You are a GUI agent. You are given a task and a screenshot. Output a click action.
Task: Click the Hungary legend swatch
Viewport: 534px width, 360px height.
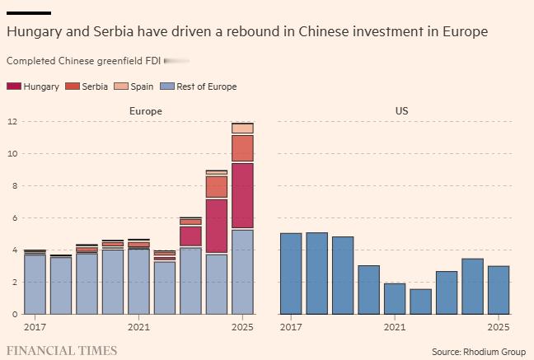pos(13,86)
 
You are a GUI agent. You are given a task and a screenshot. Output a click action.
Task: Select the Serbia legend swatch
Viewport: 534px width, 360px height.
pos(72,86)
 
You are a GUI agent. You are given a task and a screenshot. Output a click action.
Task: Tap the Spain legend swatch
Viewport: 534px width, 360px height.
pos(119,86)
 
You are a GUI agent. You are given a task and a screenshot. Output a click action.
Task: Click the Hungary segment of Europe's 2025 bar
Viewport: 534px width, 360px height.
pos(242,195)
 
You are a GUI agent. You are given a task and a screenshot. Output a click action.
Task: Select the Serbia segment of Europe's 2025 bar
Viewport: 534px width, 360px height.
pos(242,148)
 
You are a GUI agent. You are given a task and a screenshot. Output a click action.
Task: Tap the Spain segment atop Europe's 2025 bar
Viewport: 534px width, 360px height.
pos(242,128)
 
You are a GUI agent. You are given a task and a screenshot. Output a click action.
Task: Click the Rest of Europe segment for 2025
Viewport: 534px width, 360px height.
pos(242,271)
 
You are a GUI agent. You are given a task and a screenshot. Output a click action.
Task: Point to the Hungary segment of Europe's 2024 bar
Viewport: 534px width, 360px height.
pos(216,226)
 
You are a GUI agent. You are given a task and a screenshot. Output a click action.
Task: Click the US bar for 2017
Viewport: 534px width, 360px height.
pos(291,274)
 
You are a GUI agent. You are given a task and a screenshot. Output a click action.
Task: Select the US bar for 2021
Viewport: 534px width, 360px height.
pos(395,298)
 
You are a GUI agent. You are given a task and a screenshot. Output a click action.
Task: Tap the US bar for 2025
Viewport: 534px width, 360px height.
pos(499,289)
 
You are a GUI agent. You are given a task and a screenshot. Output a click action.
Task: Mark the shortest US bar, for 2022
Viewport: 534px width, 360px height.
pos(420,302)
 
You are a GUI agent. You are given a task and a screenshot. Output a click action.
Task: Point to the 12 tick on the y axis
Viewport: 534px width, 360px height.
pos(12,122)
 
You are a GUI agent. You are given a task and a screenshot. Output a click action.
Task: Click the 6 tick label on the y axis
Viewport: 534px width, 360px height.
pos(12,218)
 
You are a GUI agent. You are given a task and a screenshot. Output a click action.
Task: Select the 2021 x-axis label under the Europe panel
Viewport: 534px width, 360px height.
pos(138,327)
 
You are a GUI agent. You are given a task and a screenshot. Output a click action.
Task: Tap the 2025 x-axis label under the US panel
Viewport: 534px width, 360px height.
pos(499,327)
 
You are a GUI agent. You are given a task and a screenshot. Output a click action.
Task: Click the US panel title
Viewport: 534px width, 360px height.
pos(401,110)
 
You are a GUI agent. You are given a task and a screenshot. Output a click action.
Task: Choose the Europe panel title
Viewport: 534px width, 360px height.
pos(146,110)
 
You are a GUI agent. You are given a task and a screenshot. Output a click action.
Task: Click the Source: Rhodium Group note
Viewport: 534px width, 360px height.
pos(478,352)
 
